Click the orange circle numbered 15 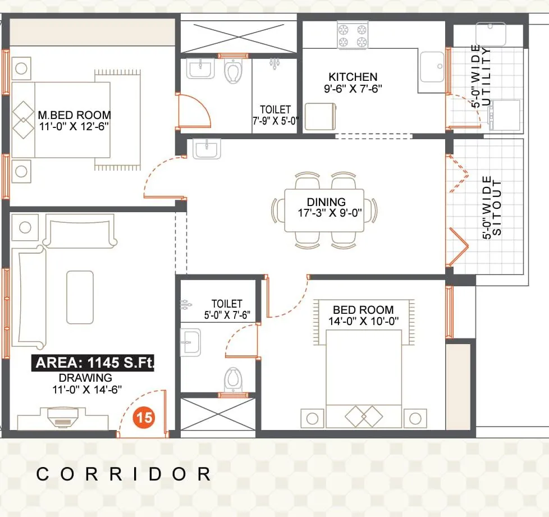tap(144, 418)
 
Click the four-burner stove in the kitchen tap(352, 35)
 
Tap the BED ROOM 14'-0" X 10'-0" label tap(363, 315)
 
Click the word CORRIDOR tap(123, 474)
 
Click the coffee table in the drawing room tap(80, 297)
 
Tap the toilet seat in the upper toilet tap(232, 71)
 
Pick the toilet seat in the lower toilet tap(232, 379)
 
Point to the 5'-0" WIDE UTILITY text tap(481, 76)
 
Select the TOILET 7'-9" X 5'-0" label tap(275, 115)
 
